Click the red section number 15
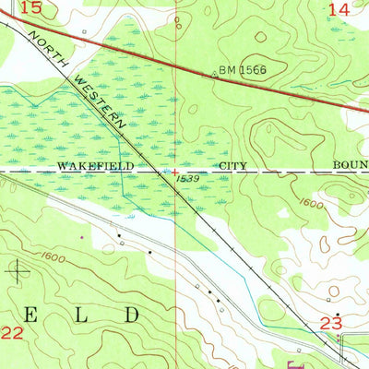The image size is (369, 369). tap(32, 8)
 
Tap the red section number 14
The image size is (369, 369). tap(339, 8)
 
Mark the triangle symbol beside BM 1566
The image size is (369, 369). tap(215, 73)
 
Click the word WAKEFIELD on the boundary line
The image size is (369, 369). tap(96, 167)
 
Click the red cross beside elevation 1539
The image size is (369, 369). tap(175, 171)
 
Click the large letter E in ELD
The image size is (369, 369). tap(23, 314)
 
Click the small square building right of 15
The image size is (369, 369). tap(84, 31)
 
